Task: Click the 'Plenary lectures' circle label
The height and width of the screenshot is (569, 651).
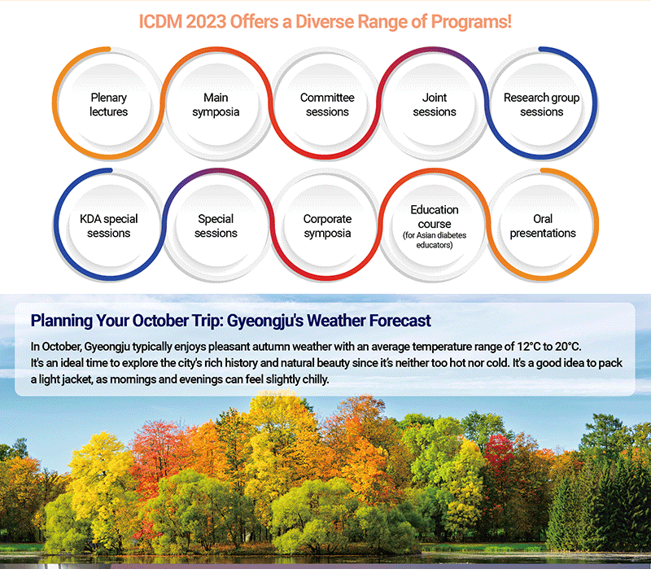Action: pos(108,105)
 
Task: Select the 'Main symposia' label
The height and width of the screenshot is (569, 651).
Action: pos(216,105)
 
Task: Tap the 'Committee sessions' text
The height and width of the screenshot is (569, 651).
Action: pos(327,105)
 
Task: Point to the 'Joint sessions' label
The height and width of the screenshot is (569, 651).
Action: pos(435,105)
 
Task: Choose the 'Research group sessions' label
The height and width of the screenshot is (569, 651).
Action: pos(541,105)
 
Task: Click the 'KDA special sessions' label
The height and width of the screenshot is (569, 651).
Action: pos(108,226)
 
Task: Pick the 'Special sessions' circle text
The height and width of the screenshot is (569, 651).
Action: pos(216,226)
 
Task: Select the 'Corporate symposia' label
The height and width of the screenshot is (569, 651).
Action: pos(327,226)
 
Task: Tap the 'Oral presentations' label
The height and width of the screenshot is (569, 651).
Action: pos(543,226)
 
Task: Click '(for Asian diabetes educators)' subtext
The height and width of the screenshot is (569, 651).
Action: pos(435,240)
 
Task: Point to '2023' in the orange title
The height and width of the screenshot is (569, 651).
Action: pos(206,22)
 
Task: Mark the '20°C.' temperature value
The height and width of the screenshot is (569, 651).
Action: pos(567,347)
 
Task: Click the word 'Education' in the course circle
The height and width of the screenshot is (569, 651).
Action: pos(435,210)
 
